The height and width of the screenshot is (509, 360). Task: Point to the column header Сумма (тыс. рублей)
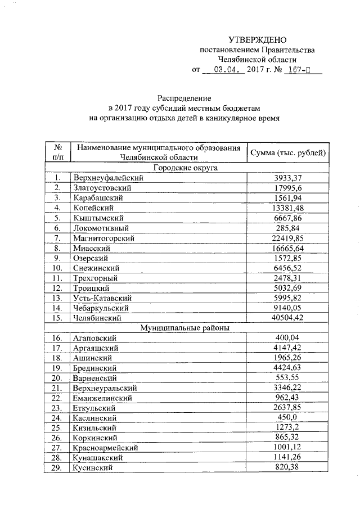coord(289,152)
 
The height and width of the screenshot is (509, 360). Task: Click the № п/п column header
coord(57,152)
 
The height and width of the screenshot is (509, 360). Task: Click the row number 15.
coord(57,318)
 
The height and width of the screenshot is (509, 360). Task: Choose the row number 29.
coord(57,468)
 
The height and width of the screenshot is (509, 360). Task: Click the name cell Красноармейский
coord(105,448)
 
